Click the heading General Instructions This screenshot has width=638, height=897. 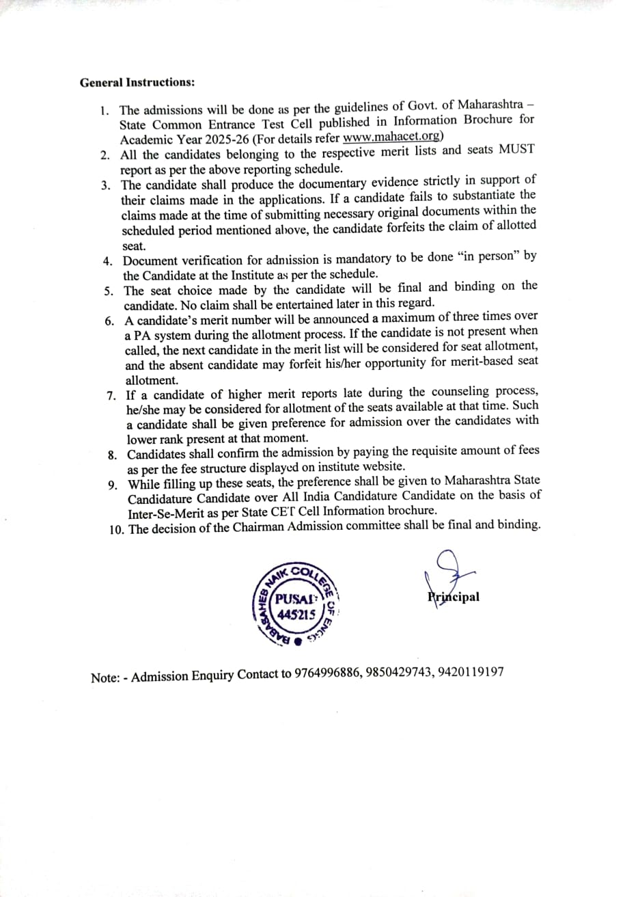coord(137,83)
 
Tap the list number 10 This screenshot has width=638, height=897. coord(116,529)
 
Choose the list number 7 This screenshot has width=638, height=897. coord(111,397)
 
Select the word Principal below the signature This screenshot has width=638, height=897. coord(453,597)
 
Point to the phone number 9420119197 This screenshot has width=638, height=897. coord(472,672)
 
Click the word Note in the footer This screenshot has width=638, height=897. coord(104,678)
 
